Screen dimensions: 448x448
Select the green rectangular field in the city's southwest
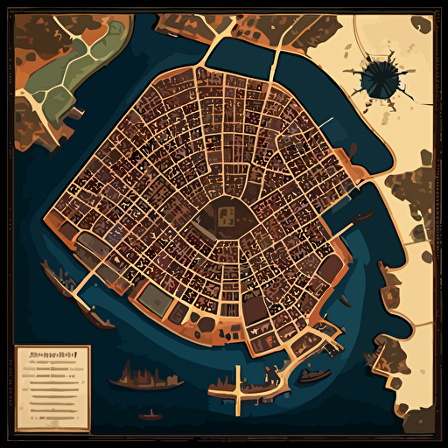click(154, 300)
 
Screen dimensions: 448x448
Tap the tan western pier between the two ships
click(80, 292)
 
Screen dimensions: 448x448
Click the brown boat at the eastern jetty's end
click(361, 220)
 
